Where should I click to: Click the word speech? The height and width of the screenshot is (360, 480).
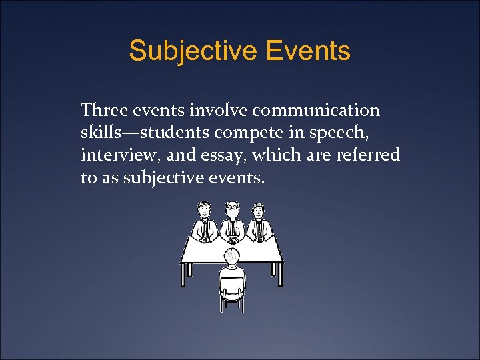click(x=362, y=133)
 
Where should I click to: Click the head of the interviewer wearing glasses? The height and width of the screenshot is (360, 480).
click(x=231, y=209)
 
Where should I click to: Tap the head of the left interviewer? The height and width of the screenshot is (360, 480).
click(x=205, y=210)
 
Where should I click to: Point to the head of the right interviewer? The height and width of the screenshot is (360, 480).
click(x=258, y=210)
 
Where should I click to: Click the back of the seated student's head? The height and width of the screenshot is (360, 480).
click(x=231, y=257)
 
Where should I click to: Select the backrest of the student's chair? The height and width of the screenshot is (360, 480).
click(x=231, y=283)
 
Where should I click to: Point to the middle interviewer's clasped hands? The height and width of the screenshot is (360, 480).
click(x=232, y=237)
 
